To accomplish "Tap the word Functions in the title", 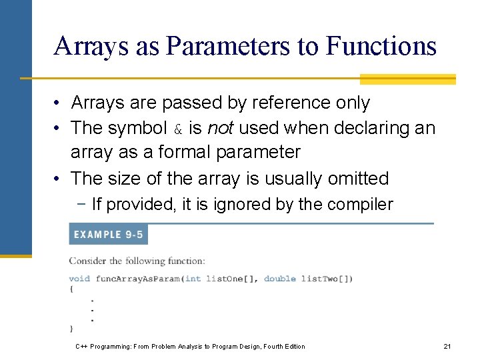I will click(381, 46).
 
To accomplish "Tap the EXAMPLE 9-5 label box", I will click(108, 235).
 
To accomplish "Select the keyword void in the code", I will click(79, 278).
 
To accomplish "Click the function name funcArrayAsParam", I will click(138, 278).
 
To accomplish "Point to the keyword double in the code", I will click(279, 278).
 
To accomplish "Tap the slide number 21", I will click(447, 346).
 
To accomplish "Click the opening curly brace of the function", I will click(71, 288).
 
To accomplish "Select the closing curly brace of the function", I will click(71, 328).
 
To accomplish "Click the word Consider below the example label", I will click(87, 261).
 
